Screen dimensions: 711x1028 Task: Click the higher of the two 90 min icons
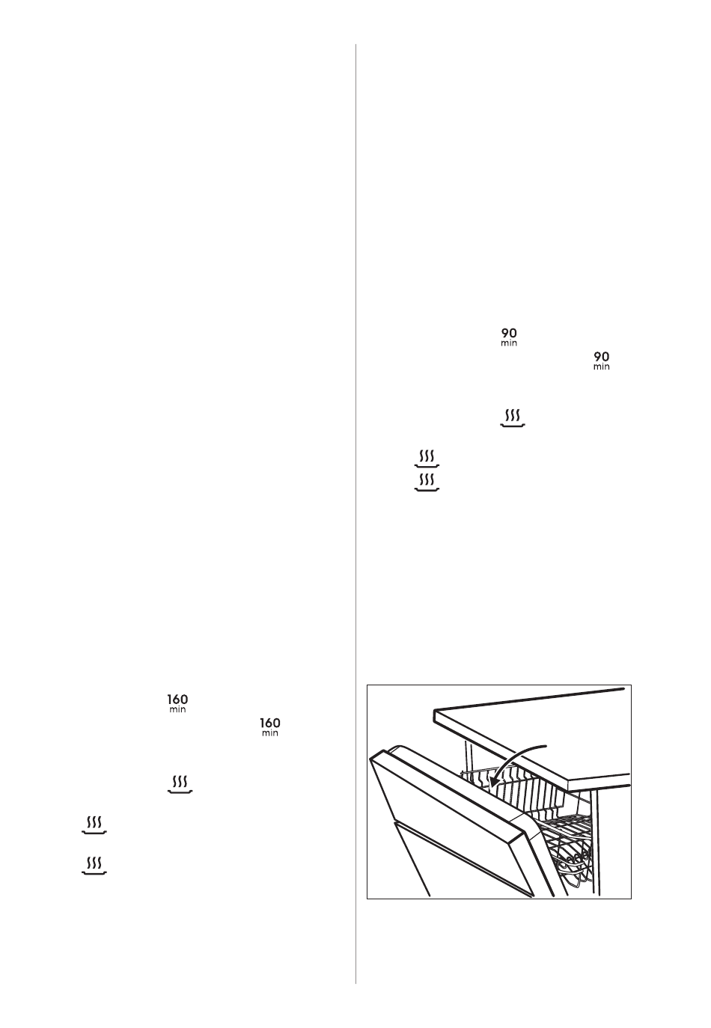tap(509, 337)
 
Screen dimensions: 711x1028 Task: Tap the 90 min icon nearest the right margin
tap(601, 361)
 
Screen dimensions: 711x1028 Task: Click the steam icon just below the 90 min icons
tap(512, 418)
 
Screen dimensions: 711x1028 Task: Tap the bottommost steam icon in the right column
tap(427, 483)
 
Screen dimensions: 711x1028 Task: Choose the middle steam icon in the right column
tap(427, 459)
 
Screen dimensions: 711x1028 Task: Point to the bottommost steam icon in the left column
tap(94, 865)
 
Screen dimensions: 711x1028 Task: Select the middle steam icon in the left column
tap(94, 824)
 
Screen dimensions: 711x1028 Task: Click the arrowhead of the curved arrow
tap(492, 785)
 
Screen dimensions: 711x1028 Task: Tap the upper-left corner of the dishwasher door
tap(371, 757)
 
